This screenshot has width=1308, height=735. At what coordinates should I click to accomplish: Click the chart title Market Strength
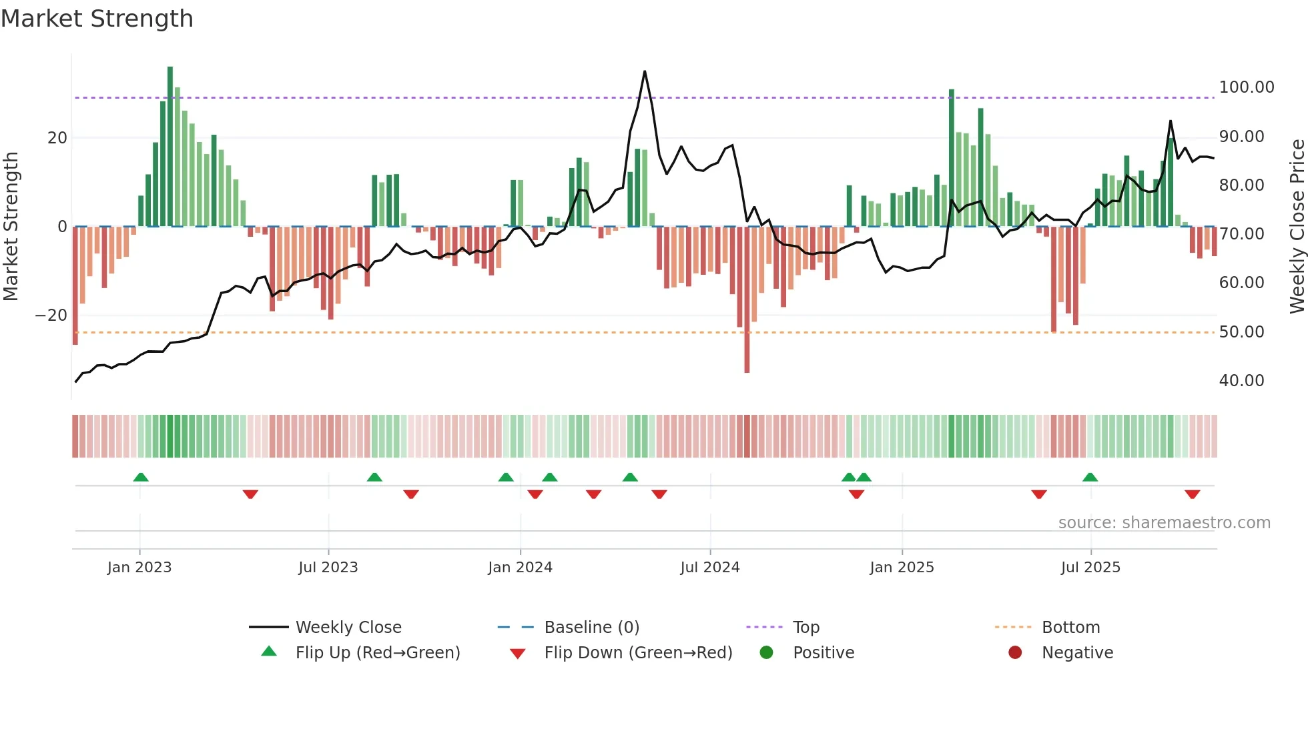point(97,19)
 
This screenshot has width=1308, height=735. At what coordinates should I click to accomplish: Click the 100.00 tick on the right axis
point(1246,87)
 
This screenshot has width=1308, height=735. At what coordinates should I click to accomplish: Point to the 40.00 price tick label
point(1241,381)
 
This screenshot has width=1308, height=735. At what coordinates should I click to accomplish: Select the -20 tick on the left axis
point(51,315)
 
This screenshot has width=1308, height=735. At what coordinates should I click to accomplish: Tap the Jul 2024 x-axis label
point(710,568)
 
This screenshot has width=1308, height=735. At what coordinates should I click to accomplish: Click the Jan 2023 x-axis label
point(139,568)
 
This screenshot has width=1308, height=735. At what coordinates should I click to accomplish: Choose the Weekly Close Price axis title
point(1297,227)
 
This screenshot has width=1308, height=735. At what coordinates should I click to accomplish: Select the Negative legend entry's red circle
point(1015,653)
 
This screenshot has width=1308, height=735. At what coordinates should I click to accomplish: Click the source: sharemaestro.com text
point(1164,523)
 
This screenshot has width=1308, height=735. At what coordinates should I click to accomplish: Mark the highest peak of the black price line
point(645,71)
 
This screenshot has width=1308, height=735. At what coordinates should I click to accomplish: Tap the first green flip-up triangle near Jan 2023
point(141,477)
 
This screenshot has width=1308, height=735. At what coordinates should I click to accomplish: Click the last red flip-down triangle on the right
point(1193,494)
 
